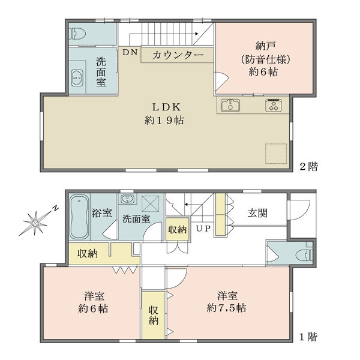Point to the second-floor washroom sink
77,78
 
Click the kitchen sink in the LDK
230,106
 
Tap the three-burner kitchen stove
274,106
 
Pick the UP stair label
202,229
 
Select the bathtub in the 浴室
79,217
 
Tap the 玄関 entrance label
257,212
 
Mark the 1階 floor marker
308,337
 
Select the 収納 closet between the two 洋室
154,316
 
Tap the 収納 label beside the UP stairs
177,229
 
